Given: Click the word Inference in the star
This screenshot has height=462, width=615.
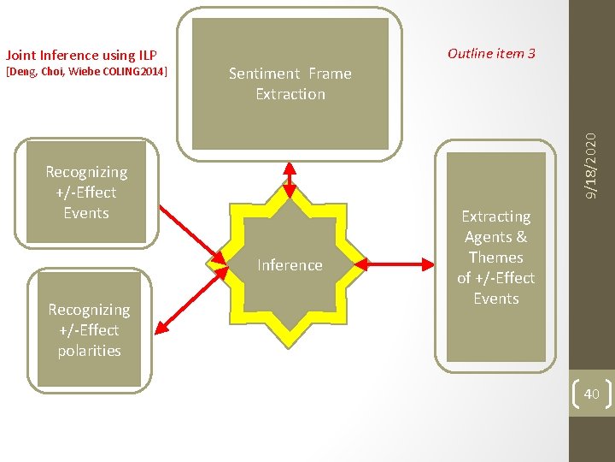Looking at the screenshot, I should tap(290, 265).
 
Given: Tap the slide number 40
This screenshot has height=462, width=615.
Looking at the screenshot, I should tap(591, 394).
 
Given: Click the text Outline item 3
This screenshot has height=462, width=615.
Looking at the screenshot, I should tap(491, 53).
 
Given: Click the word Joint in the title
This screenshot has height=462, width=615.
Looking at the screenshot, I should tap(22, 56).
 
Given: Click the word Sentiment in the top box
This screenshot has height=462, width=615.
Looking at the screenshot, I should tap(264, 74).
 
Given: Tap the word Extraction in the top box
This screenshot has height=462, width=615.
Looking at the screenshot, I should tap(290, 94).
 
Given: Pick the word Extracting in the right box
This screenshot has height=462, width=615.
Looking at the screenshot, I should tap(495, 216).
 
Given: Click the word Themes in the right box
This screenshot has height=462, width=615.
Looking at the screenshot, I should tap(495, 258).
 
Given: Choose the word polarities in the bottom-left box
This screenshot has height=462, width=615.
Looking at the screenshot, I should tap(89, 351).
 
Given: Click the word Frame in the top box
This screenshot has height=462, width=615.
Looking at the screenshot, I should tap(329, 74).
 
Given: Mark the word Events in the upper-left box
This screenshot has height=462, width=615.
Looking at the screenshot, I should tap(86, 213).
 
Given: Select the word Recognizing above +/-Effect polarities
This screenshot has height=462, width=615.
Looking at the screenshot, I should tap(89, 310).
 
